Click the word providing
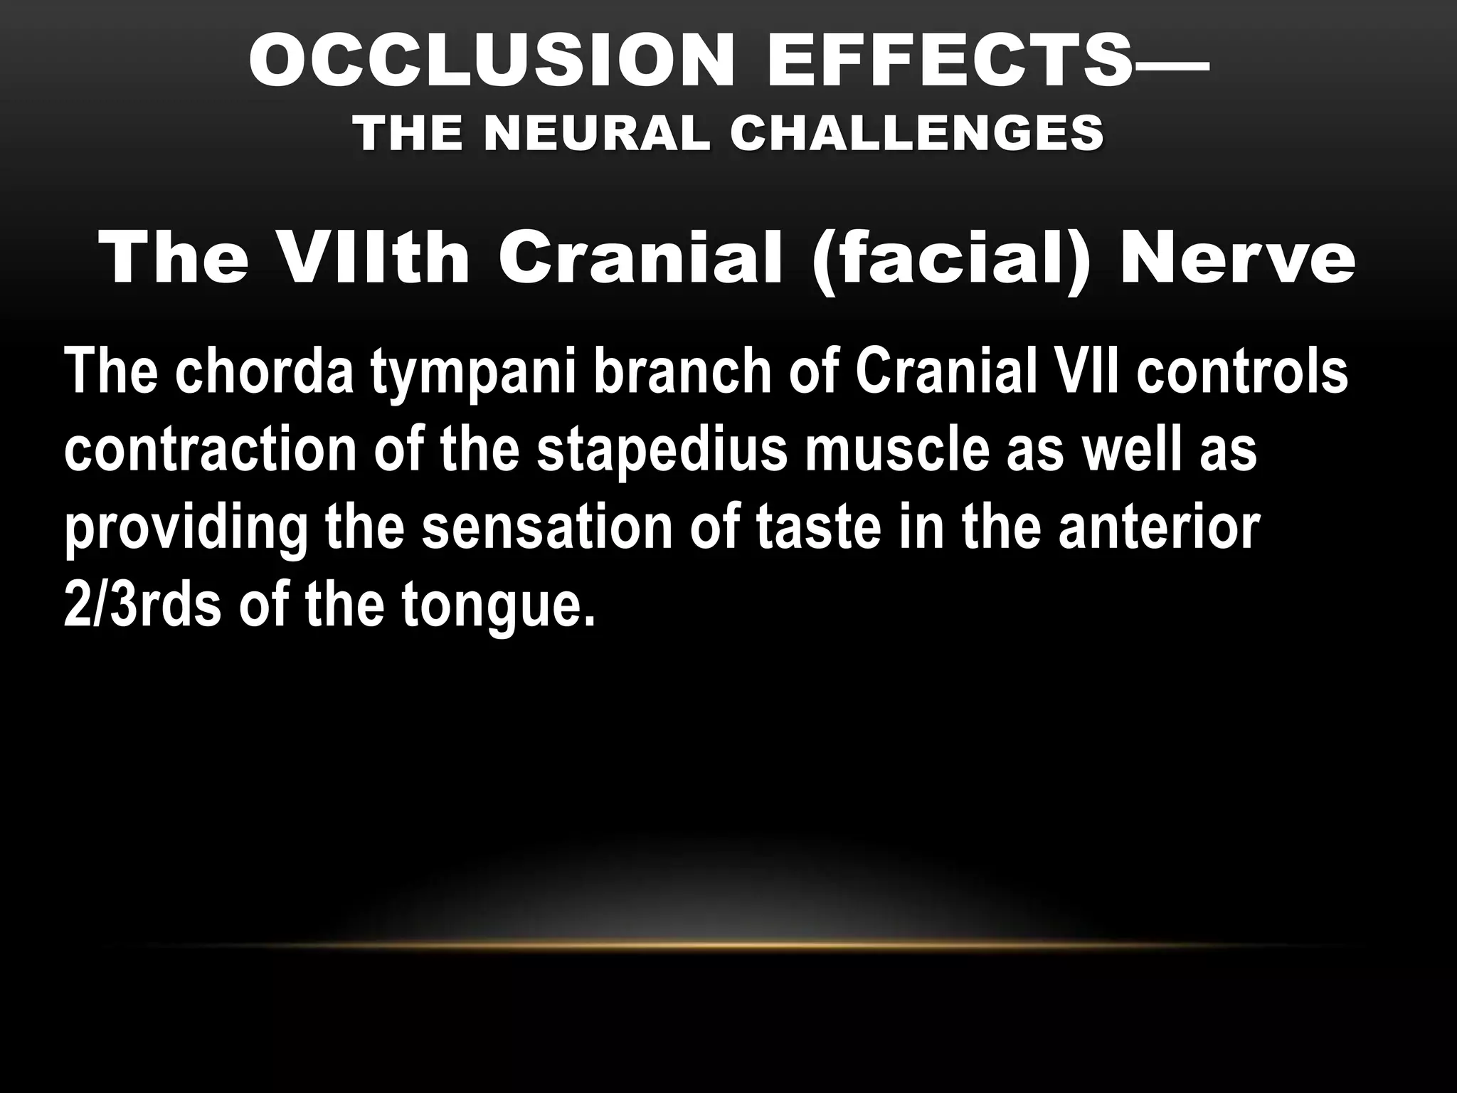(x=186, y=531)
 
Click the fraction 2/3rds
(x=142, y=606)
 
